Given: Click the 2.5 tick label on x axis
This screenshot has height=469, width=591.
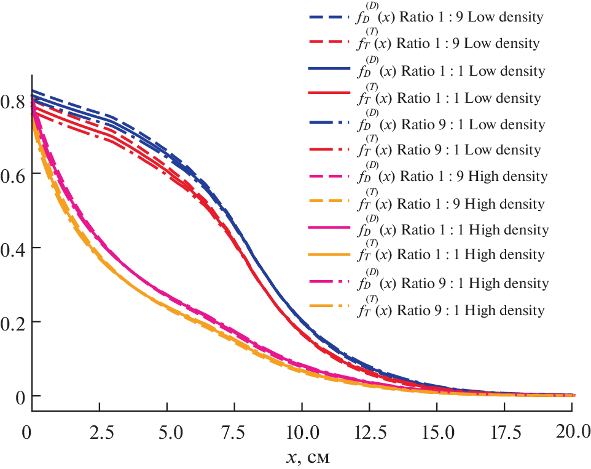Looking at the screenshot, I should [x=99, y=431].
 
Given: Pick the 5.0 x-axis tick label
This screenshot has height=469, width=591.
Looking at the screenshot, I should [x=166, y=431].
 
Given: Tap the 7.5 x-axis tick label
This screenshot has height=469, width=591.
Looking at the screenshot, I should [x=234, y=431].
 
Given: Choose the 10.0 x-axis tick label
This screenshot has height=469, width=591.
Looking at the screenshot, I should [x=302, y=431].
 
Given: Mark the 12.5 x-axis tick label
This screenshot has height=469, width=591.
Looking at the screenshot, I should [x=369, y=431].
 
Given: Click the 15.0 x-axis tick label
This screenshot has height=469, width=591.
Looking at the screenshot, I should [x=437, y=431].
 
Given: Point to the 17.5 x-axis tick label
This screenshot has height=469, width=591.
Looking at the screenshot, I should [x=504, y=431].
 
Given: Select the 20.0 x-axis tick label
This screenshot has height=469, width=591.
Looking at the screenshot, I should [x=572, y=431].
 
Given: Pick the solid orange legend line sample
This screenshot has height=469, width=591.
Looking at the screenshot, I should [x=331, y=254].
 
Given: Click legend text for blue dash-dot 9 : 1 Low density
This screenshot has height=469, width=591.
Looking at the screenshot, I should [x=451, y=124].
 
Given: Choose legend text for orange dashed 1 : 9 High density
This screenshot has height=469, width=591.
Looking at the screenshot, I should [x=451, y=204].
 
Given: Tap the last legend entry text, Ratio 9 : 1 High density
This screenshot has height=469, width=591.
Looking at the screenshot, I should [x=451, y=310].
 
